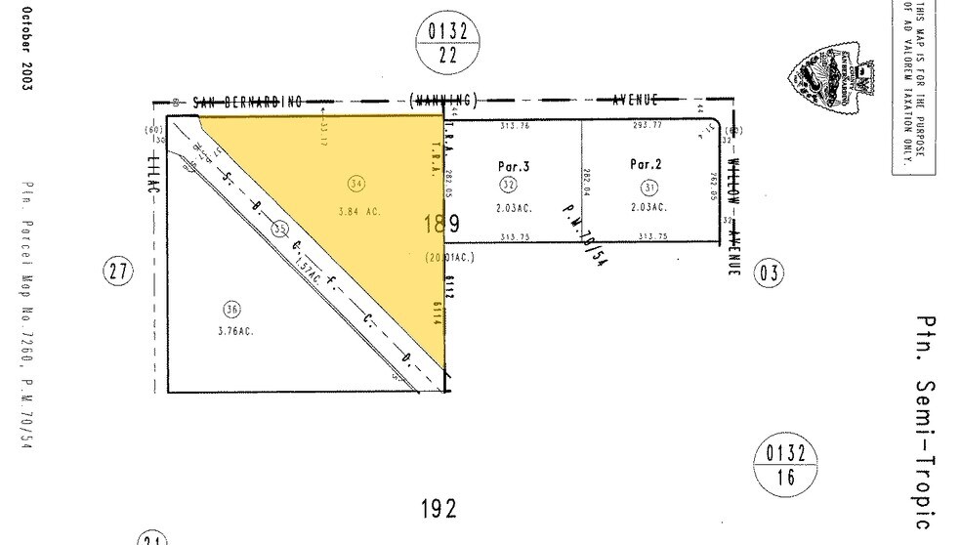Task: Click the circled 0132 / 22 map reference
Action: click(448, 44)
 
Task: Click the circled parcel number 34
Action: click(356, 182)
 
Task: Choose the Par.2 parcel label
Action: click(646, 164)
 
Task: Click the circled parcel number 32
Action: click(507, 185)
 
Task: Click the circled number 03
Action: click(770, 272)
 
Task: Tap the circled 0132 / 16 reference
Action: click(785, 465)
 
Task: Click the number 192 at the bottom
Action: click(439, 509)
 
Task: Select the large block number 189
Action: click(440, 225)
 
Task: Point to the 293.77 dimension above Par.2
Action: click(648, 126)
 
